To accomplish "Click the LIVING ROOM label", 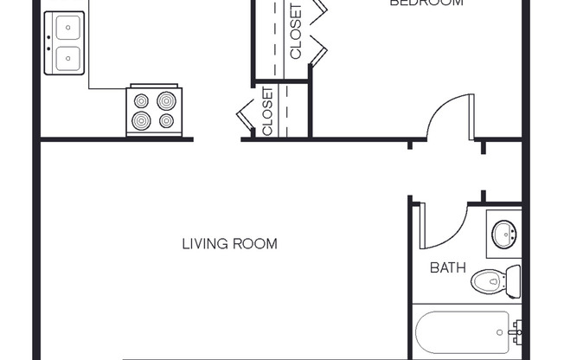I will pos(229,244).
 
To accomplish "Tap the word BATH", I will pos(448,267).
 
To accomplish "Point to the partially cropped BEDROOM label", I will pos(426,3).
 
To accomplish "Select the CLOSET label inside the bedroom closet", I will pos(296,32).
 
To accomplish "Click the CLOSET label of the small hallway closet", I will pos(267,112).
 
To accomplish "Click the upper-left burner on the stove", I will pos(141,101).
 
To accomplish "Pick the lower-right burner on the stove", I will pos(166,120).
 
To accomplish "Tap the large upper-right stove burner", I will pos(166,100).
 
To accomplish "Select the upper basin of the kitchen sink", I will pos(65,29).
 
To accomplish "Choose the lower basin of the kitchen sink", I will pos(65,59).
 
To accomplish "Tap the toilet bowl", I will pos(486,282).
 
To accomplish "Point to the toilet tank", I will pos(513,282).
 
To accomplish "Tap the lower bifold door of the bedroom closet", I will pos(317,52).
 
